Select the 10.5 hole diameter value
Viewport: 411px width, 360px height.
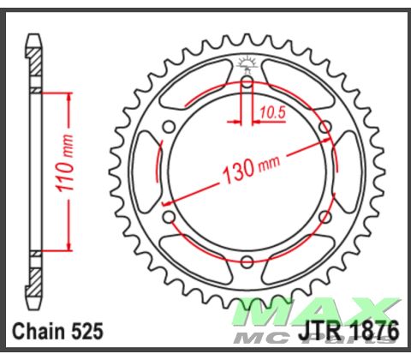pyautogui.click(x=272, y=111)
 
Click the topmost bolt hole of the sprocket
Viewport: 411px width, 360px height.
pyautogui.click(x=247, y=82)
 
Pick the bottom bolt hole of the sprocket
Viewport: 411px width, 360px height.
pyautogui.click(x=247, y=262)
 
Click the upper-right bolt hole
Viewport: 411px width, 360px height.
pyautogui.click(x=325, y=127)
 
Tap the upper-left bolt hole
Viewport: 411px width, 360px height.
pyautogui.click(x=169, y=127)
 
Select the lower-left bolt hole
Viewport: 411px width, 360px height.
pyautogui.click(x=169, y=218)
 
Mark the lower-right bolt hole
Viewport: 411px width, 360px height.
pyautogui.click(x=325, y=218)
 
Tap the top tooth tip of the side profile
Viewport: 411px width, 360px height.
pyautogui.click(x=33, y=39)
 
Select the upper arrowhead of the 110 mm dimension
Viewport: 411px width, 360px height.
pyautogui.click(x=65, y=95)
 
